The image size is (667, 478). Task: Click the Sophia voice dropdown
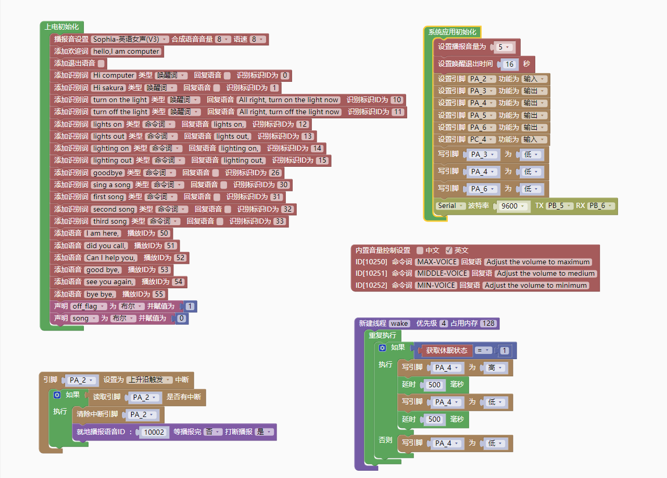pyautogui.click(x=130, y=39)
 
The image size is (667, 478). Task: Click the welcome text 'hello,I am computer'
pyautogui.click(x=127, y=51)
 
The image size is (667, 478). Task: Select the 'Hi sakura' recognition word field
pyautogui.click(x=108, y=88)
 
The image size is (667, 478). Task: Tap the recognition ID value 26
pyautogui.click(x=275, y=173)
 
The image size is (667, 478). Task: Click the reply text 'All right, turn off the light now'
pyautogui.click(x=289, y=112)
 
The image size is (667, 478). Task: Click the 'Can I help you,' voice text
pyautogui.click(x=110, y=258)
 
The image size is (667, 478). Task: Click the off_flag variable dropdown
pyautogui.click(x=89, y=306)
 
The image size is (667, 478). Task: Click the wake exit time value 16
pyautogui.click(x=509, y=64)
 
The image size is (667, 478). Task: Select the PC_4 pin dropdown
pyautogui.click(x=480, y=139)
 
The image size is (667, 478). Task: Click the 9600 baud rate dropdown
pyautogui.click(x=512, y=206)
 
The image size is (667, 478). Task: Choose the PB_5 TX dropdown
pyautogui.click(x=560, y=205)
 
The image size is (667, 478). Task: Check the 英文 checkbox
pyautogui.click(x=449, y=250)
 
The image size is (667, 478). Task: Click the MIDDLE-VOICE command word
pyautogui.click(x=442, y=273)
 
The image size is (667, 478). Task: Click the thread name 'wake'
pyautogui.click(x=399, y=323)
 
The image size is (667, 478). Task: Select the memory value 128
pyautogui.click(x=488, y=323)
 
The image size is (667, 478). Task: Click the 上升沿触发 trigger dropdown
pyautogui.click(x=149, y=380)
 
